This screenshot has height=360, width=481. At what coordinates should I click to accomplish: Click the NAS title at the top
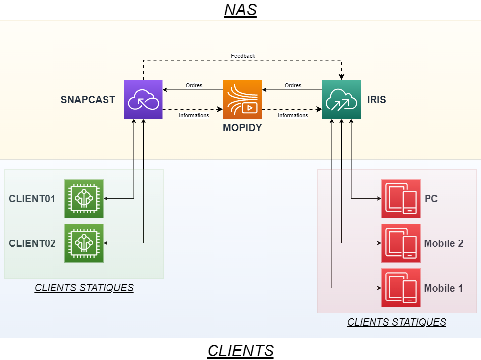(240, 10)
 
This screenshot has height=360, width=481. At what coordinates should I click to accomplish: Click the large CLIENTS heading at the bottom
(240, 351)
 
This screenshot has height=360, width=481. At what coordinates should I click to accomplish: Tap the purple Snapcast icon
(143, 99)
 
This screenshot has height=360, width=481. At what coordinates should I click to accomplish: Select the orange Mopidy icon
(242, 99)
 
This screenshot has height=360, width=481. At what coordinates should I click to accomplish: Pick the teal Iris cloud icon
(341, 99)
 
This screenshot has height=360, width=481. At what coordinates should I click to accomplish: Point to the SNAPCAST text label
(88, 100)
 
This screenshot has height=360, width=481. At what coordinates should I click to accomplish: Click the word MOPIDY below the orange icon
(242, 128)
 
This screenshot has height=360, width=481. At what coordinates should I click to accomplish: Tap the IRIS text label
(377, 100)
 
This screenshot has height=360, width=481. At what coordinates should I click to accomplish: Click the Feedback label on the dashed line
(243, 56)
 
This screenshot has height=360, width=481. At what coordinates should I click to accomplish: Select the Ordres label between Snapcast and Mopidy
(194, 85)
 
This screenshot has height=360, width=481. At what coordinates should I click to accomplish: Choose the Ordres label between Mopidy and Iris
(293, 85)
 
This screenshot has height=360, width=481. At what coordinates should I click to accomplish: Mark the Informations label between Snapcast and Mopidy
(194, 115)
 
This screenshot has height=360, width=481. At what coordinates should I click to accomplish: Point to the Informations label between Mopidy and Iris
(293, 115)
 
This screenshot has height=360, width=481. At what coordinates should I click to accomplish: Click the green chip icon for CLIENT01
(84, 198)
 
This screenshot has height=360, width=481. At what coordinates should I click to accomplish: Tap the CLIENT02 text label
(32, 243)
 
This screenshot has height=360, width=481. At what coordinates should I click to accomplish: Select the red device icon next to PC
(401, 198)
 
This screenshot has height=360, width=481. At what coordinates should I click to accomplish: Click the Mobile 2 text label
(443, 243)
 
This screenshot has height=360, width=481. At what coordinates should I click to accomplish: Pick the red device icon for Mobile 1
(401, 288)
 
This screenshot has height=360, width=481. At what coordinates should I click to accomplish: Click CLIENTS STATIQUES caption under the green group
(84, 288)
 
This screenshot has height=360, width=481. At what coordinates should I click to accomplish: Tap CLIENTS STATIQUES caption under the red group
(396, 322)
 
